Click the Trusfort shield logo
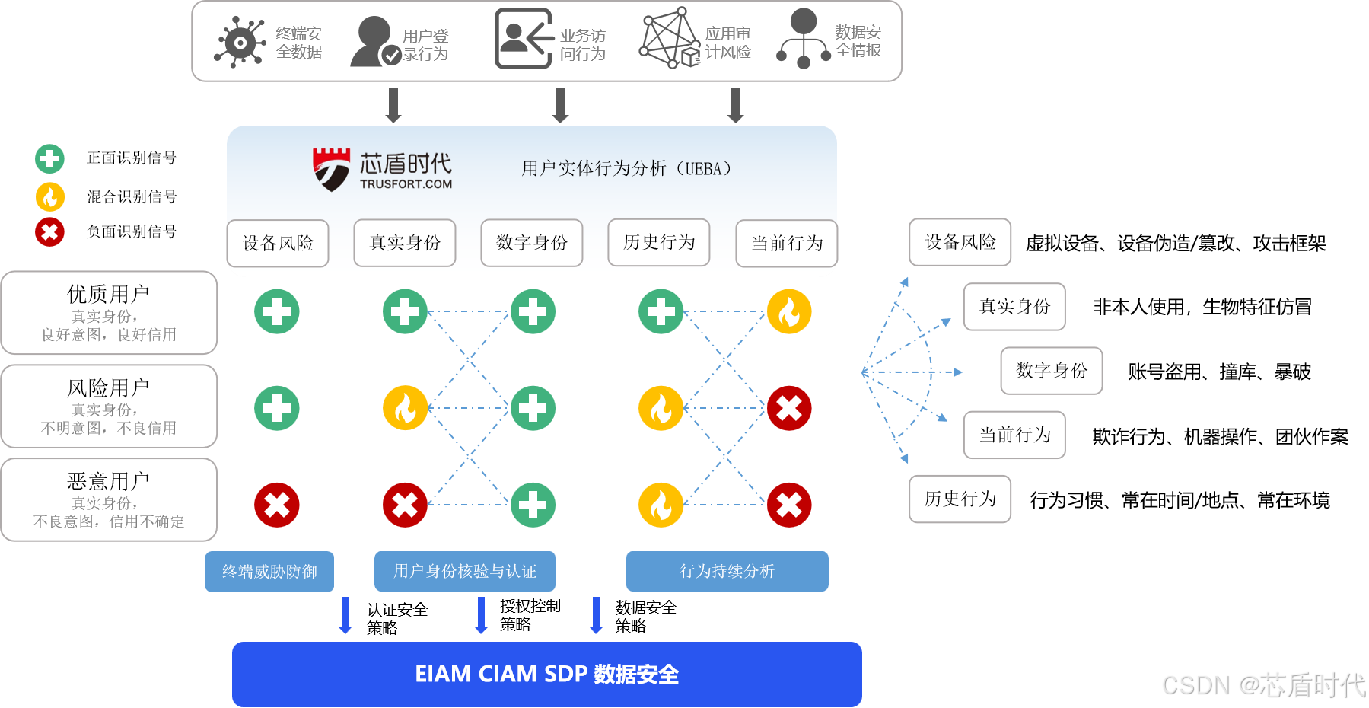(331, 169)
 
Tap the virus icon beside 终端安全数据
(240, 43)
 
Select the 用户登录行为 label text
(425, 45)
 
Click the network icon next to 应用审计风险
(667, 39)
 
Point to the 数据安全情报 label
(858, 41)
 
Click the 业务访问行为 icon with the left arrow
(524, 39)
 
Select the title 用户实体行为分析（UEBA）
(626, 168)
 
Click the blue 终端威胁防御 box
(269, 572)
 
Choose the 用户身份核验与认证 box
(465, 572)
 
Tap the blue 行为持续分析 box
(727, 572)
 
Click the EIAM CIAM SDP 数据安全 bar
(546, 675)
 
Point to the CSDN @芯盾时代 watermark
(1262, 684)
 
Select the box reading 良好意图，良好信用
(110, 314)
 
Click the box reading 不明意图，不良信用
(110, 407)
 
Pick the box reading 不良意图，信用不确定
(110, 501)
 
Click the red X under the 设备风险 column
(277, 505)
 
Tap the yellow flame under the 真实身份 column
(405, 408)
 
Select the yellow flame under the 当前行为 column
(789, 311)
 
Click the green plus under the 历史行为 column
(661, 311)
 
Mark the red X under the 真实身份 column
(405, 505)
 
